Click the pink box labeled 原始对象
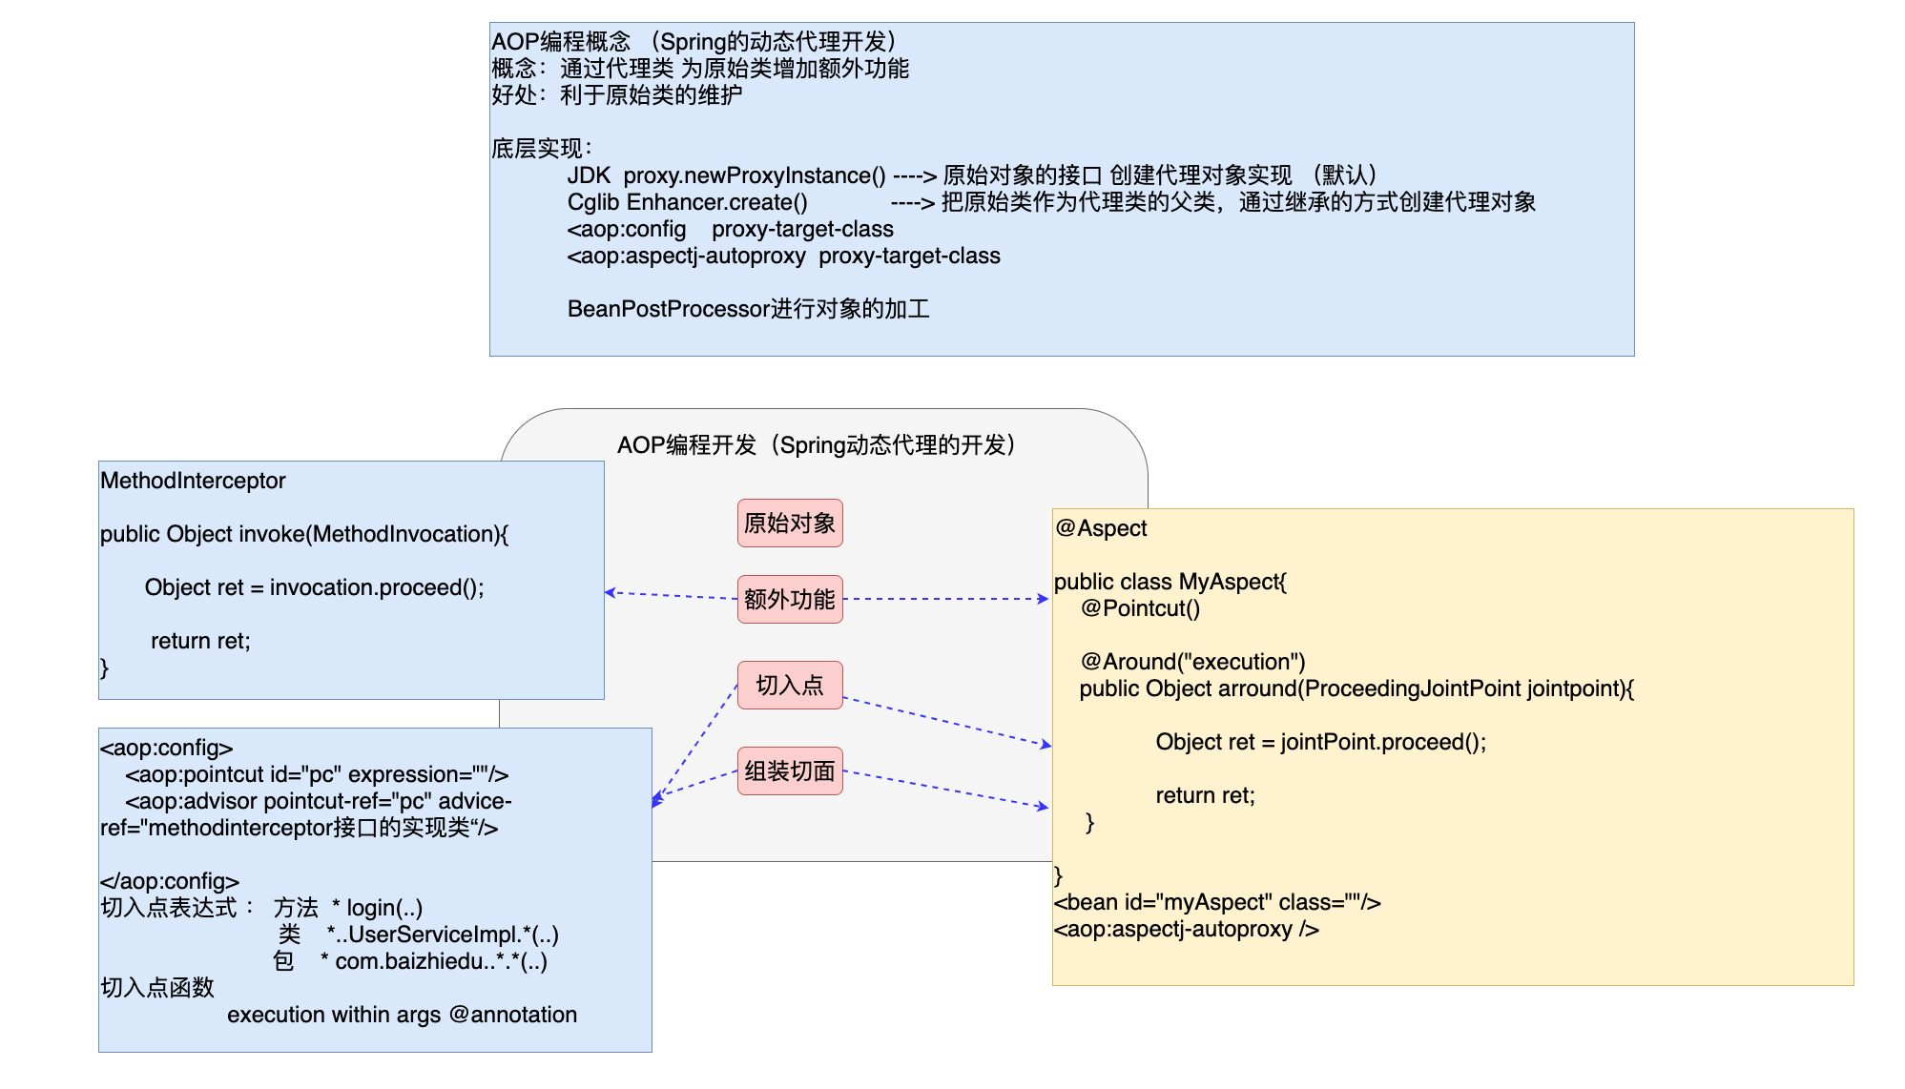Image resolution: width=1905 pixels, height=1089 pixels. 789,523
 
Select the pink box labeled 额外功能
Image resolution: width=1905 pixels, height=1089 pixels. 789,599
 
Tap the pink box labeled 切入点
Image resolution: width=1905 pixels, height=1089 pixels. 789,685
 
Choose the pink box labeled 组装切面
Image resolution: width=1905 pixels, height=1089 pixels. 789,771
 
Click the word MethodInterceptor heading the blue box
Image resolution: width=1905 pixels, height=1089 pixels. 193,481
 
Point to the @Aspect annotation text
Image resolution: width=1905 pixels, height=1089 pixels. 1101,528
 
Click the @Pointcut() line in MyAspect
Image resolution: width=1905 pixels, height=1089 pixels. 1140,608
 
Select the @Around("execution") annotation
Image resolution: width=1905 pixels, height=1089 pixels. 1192,662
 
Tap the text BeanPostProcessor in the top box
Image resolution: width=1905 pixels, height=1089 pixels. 668,309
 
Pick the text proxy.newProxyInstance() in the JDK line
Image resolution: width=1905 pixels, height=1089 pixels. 754,175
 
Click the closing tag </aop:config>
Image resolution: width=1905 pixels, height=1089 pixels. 170,881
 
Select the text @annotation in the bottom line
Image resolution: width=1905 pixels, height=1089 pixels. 513,1015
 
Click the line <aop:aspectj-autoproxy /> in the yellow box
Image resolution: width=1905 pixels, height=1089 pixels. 1186,929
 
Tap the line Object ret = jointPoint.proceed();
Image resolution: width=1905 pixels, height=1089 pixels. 1320,742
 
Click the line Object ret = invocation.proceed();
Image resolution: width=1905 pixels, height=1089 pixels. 314,587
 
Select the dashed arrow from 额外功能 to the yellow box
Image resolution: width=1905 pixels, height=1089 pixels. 944,599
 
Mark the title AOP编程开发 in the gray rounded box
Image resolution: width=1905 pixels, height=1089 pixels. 687,445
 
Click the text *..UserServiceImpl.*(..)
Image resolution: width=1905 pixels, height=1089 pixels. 443,935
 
